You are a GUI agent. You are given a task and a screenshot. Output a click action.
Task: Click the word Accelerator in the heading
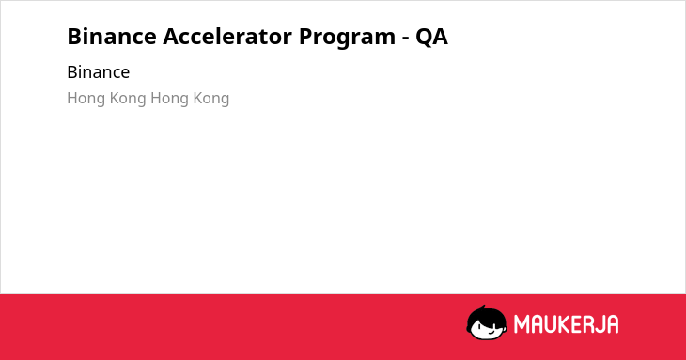click(227, 36)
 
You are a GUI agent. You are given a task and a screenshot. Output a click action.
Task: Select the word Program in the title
click(348, 38)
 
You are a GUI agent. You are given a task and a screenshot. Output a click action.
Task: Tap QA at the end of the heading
click(432, 37)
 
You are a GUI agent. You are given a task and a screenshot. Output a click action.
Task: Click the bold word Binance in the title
click(112, 36)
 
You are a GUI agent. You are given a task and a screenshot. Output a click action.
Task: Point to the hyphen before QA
click(406, 39)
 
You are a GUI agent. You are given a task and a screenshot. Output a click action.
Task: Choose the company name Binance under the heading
click(99, 72)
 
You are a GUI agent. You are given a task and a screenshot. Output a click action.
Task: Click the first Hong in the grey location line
click(86, 99)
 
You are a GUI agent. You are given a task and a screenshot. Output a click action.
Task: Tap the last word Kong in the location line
click(210, 99)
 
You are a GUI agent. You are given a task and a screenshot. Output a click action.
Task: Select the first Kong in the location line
click(127, 99)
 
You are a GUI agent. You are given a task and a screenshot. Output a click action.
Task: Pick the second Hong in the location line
click(170, 99)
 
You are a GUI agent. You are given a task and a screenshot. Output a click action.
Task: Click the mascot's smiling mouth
click(491, 332)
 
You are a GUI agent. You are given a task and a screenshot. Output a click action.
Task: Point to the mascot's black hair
click(486, 316)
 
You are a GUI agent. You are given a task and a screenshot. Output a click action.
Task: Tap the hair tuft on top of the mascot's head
click(483, 308)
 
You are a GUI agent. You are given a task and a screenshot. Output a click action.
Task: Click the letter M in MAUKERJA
click(522, 324)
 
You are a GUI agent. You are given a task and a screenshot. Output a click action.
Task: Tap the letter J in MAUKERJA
click(600, 324)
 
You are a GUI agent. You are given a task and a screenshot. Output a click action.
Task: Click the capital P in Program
click(306, 37)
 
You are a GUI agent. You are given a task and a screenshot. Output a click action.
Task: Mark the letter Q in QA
click(424, 38)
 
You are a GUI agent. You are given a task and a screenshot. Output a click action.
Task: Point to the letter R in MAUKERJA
click(588, 324)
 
